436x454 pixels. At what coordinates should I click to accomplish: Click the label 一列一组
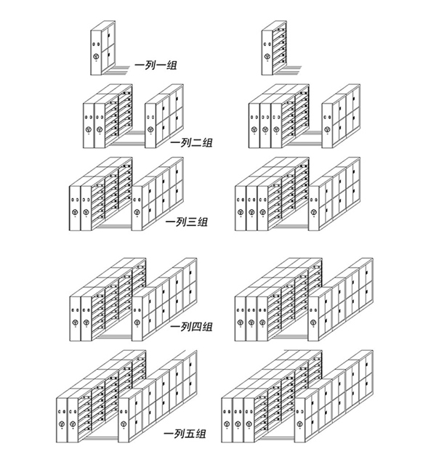point(156,65)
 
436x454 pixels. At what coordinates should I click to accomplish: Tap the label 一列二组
point(192,142)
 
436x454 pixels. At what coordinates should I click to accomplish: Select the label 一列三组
point(187,222)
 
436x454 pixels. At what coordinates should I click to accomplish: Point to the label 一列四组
point(192,327)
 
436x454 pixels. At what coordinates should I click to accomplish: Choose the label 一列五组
point(185,434)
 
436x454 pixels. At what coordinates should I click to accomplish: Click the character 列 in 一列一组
point(150,65)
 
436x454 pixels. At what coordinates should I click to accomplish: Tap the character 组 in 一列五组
point(201,434)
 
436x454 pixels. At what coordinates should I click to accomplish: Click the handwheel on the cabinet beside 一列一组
point(96,57)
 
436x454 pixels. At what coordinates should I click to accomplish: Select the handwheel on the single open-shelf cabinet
point(267,57)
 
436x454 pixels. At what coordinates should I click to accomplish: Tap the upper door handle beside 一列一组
point(109,36)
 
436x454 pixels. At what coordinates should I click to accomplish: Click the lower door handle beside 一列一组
point(109,55)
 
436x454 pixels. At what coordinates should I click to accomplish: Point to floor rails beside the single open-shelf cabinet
point(290,70)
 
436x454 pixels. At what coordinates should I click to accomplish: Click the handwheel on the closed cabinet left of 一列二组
point(150,129)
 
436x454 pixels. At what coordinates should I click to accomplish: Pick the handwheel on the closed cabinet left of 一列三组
point(137,212)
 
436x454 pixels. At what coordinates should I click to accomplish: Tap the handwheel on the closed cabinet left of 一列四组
point(137,322)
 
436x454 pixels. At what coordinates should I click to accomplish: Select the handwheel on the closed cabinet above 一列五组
point(124,424)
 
